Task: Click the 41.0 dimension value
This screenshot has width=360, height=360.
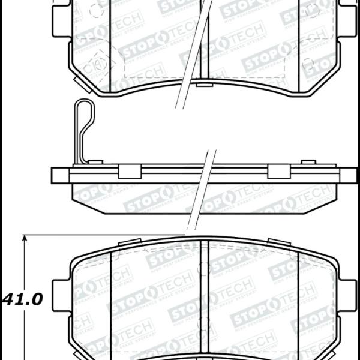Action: pos(23,299)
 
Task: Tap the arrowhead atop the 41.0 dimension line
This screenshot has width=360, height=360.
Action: pos(25,239)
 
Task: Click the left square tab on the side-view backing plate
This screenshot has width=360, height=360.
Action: pos(128,172)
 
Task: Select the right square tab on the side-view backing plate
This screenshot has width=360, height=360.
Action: pos(277,172)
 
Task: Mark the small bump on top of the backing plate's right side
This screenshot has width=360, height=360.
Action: pos(308,161)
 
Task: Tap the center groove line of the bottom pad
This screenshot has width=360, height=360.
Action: pos(207,300)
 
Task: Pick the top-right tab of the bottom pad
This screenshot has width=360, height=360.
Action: pos(277,242)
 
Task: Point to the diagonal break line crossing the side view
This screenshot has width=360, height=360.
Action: pos(201,192)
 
